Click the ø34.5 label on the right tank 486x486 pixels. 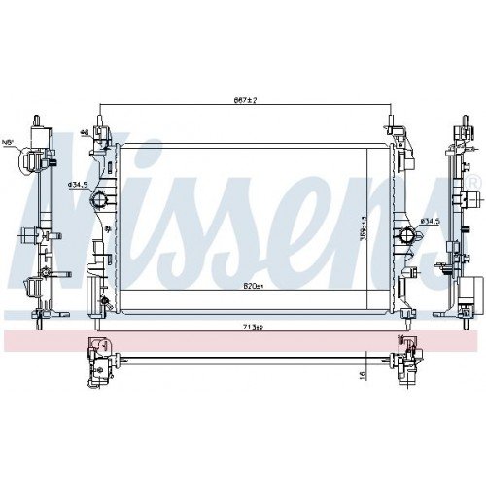pos(431,223)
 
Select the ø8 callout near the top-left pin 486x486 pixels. pos(85,131)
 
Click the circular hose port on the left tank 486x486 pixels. pos(97,201)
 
